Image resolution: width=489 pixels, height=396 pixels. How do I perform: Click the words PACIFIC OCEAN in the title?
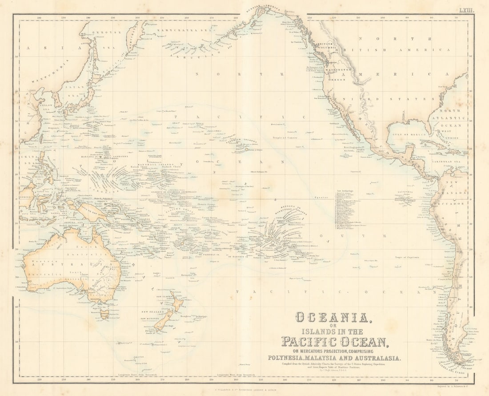334,342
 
